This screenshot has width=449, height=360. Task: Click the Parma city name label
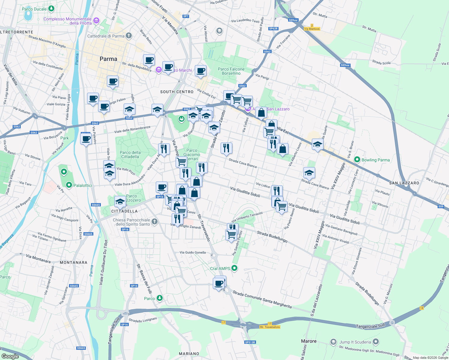point(108,59)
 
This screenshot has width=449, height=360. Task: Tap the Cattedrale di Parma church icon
point(129,36)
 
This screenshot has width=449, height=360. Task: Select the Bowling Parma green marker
point(357,160)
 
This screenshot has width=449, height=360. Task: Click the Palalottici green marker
point(69,185)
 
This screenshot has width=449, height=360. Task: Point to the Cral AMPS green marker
point(235,268)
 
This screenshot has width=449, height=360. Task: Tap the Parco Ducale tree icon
point(51,8)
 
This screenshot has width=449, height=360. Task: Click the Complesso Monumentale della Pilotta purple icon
point(96,21)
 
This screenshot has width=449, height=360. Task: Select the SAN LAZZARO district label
point(404,183)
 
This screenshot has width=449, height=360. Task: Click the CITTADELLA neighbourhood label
point(124,211)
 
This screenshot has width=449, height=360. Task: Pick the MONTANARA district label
point(74,262)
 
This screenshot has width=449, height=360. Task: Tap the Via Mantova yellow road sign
point(312,29)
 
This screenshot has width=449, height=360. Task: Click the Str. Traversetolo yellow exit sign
point(270,327)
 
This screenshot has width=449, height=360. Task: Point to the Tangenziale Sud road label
point(370,326)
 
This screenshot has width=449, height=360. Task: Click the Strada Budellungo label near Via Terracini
point(272,236)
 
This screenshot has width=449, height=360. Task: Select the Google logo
point(10,356)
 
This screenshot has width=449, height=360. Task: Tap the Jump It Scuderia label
point(355,342)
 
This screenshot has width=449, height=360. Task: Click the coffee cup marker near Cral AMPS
point(219,283)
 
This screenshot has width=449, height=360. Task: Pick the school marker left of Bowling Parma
point(318,145)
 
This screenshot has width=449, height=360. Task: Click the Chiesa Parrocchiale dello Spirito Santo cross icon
point(154,222)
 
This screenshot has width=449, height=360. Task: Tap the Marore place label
point(309,341)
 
